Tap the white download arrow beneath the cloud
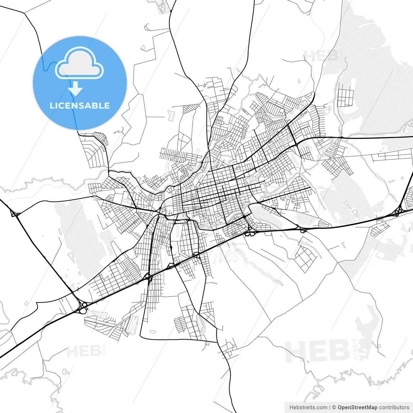pos(76,89)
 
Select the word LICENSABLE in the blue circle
pos(80,106)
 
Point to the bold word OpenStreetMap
pos(358,407)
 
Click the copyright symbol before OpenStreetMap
pos(334,407)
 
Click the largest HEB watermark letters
pos(318,351)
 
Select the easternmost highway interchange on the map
pos(398,212)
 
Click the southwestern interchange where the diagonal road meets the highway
pos(83,307)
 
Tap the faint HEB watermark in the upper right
pos(321,56)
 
